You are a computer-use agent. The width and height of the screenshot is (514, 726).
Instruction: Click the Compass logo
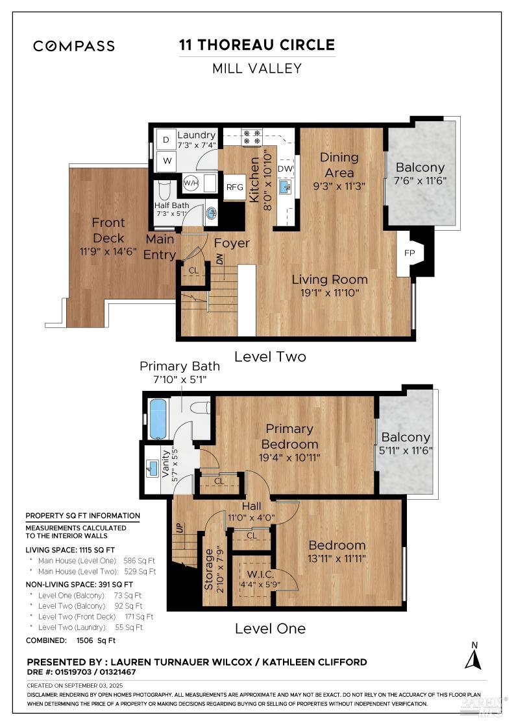(74, 46)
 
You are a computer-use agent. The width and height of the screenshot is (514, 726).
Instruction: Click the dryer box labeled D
(165, 139)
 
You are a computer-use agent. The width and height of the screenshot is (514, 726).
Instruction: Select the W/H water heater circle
(191, 183)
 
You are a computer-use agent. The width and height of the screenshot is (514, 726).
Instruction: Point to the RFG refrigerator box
(234, 187)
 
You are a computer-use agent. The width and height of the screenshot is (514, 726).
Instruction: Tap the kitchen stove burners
(252, 138)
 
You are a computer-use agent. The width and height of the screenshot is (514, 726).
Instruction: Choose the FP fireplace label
(409, 253)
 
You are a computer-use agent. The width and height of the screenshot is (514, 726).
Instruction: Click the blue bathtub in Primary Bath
(158, 419)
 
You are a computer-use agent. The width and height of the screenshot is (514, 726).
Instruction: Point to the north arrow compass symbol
(473, 655)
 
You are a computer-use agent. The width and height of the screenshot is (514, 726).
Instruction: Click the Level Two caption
(270, 357)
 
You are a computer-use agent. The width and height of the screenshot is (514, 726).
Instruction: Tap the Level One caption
(270, 628)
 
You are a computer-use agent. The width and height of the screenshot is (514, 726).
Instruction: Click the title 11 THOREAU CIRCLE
(257, 45)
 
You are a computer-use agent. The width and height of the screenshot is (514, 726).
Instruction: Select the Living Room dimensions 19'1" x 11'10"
(330, 293)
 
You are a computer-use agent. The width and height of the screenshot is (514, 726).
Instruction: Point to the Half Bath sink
(212, 213)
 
